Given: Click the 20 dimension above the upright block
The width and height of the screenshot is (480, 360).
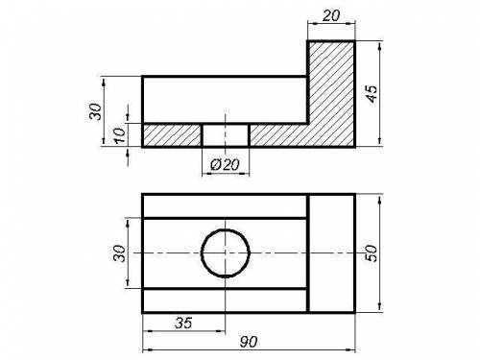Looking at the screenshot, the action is pyautogui.click(x=330, y=15).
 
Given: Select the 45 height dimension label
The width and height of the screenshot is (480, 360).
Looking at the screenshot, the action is pyautogui.click(x=372, y=93).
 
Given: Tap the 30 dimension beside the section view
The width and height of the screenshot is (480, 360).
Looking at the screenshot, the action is pyautogui.click(x=95, y=111).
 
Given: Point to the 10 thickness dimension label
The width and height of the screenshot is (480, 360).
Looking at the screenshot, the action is pyautogui.click(x=119, y=135).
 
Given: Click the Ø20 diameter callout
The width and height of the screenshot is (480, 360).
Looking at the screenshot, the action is pyautogui.click(x=225, y=164).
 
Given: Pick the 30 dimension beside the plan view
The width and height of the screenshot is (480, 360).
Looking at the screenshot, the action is pyautogui.click(x=120, y=253).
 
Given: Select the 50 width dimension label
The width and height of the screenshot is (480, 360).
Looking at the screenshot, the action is pyautogui.click(x=372, y=253).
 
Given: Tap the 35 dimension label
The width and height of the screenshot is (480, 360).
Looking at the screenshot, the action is pyautogui.click(x=183, y=323).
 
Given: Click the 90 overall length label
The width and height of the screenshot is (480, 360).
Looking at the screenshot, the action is pyautogui.click(x=249, y=342).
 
